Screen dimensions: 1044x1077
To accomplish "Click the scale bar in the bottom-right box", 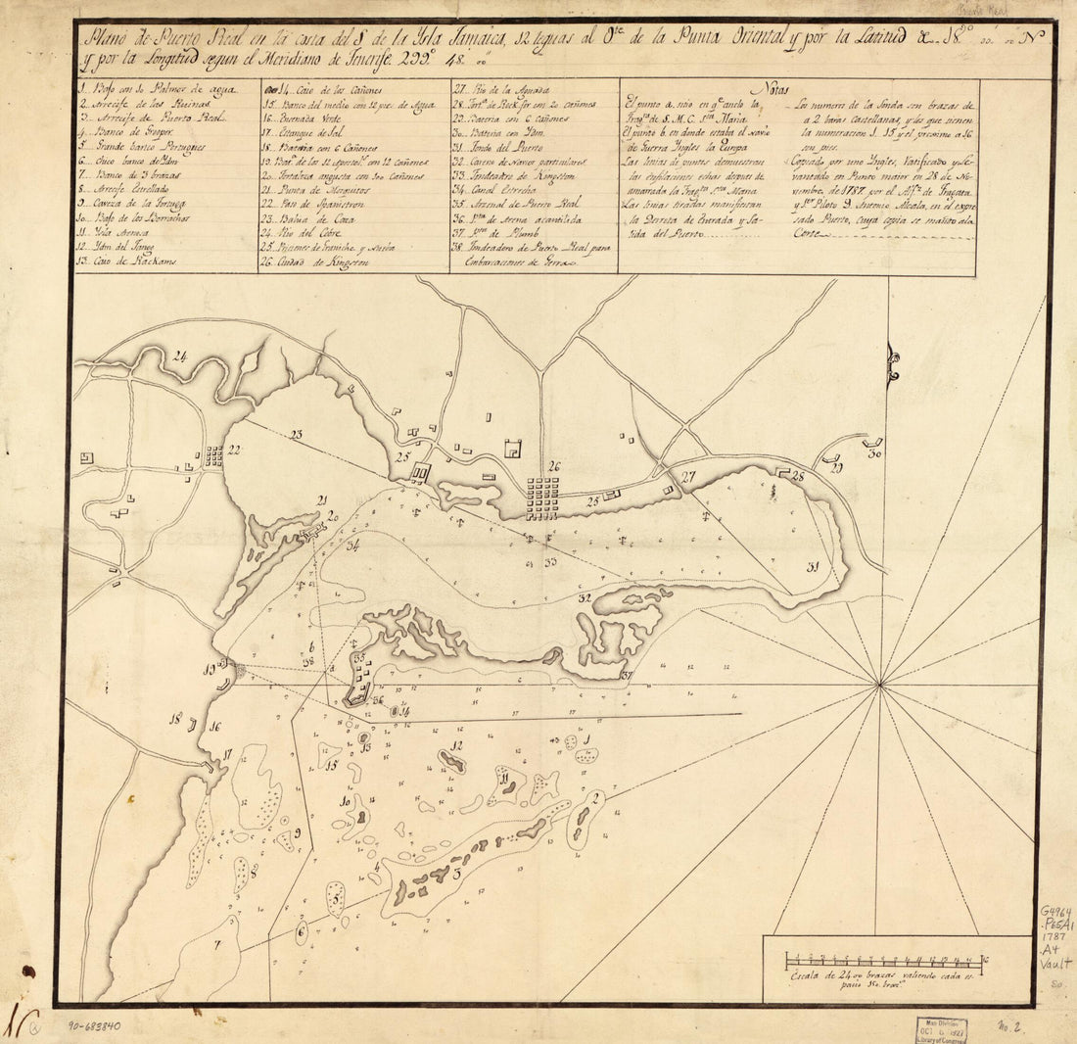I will [x=886, y=959].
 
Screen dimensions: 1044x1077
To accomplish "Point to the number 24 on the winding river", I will [x=180, y=356].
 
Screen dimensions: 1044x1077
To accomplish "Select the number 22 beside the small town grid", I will [x=234, y=450].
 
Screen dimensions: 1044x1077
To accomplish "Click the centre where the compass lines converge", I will [x=881, y=683].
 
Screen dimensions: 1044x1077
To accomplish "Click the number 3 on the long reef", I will [x=457, y=872].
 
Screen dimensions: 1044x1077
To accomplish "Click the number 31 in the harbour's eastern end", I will [x=813, y=566].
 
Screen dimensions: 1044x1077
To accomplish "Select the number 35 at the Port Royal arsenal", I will [x=359, y=657].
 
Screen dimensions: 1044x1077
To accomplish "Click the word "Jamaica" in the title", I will [x=477, y=40].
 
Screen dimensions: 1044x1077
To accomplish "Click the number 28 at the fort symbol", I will [x=798, y=476].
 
